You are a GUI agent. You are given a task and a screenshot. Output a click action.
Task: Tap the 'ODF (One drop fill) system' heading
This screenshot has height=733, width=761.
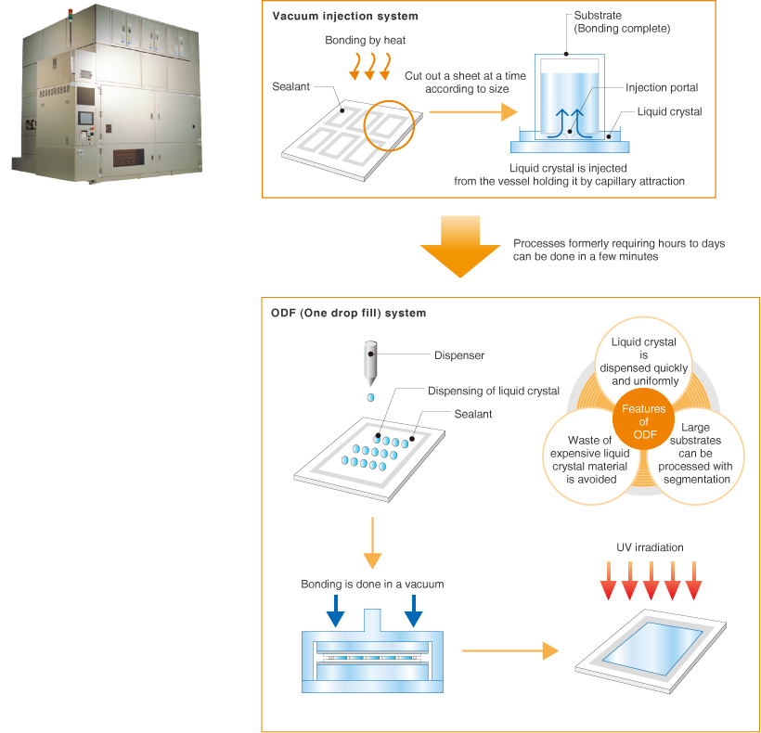coord(349,314)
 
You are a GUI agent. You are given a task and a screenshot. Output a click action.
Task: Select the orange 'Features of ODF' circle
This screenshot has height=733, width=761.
coord(638,421)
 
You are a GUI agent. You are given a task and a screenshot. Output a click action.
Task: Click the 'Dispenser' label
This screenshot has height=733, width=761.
coord(459,354)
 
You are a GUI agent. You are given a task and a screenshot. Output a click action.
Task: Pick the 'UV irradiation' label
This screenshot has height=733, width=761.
coord(650,547)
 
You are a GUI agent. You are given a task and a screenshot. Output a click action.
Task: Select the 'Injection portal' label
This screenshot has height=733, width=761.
coord(662,88)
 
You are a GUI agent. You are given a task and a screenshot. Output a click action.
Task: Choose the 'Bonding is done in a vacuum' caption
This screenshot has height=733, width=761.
coord(372,585)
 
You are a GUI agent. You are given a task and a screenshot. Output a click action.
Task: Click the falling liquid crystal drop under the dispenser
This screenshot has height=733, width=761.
coord(370,397)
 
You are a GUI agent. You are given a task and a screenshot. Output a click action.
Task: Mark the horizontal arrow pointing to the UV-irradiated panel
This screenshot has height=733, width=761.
coord(502,650)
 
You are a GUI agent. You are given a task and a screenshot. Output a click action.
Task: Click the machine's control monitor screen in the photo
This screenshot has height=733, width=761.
coord(84,119)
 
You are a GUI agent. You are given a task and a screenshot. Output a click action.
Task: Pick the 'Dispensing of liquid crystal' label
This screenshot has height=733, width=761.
coord(493,391)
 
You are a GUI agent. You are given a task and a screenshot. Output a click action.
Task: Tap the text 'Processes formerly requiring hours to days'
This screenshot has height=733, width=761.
coord(619,243)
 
